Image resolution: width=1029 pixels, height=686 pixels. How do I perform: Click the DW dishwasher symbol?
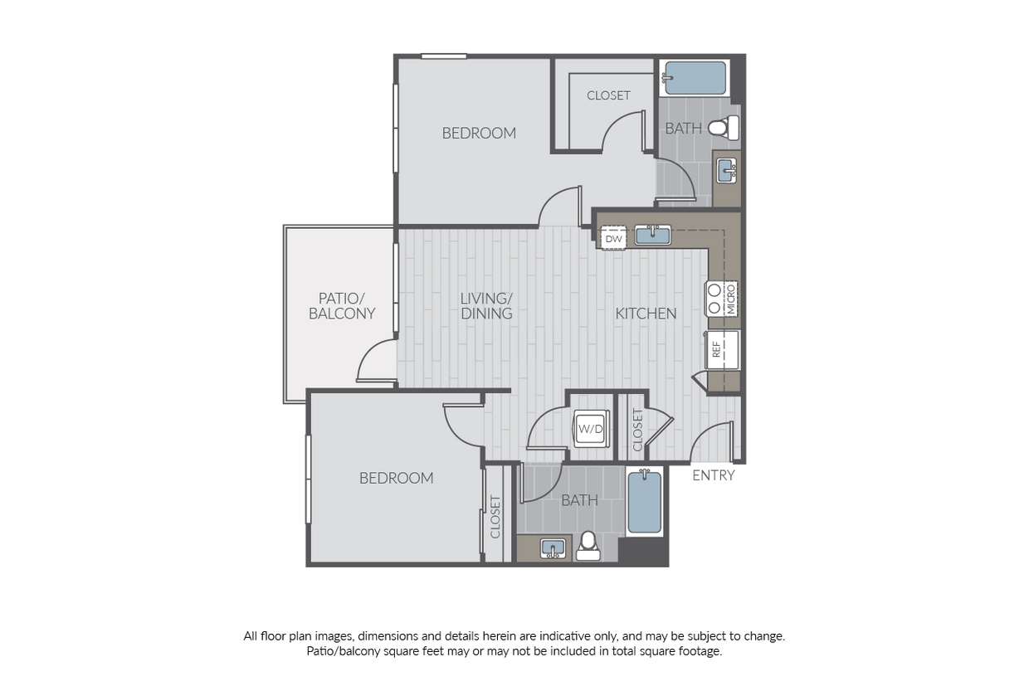coord(614,238)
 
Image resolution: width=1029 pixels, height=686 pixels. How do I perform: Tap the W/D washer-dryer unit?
coord(591,429)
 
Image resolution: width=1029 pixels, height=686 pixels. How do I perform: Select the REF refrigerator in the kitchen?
coord(722,350)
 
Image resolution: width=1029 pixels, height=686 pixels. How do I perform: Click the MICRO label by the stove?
coord(731,299)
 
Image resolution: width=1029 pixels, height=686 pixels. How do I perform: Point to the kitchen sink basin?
coord(653,235)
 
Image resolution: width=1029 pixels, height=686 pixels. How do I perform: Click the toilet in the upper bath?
coord(724,127)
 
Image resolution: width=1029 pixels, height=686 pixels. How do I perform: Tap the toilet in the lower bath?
coord(588,547)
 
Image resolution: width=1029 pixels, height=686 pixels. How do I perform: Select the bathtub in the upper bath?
coord(695,78)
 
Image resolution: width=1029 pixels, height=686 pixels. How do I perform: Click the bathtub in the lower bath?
coord(645,501)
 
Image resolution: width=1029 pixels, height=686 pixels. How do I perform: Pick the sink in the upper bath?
coord(726,170)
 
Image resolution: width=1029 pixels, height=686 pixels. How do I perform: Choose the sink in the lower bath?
coord(553,548)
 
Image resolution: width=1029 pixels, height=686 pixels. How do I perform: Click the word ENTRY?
coord(714,475)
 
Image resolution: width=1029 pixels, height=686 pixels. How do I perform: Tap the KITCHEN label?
coord(646,314)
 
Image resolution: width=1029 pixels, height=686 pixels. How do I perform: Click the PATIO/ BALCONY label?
coord(342,306)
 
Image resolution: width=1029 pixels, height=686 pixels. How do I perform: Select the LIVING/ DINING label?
coord(486,306)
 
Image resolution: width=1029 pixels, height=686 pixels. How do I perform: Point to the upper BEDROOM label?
coord(479,134)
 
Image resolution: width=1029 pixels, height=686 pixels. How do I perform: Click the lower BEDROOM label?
coord(397,479)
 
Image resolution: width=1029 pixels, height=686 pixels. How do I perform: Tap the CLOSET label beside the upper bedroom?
coord(608,95)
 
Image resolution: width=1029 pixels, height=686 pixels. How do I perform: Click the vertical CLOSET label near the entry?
coord(637,430)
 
